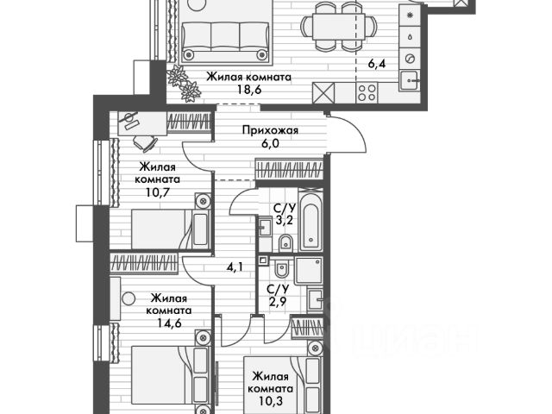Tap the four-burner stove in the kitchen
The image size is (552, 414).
pyautogui.click(x=366, y=93)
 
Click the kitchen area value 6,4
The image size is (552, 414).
pyautogui.click(x=377, y=62)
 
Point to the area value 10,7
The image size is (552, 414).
pyautogui.click(x=157, y=193)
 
